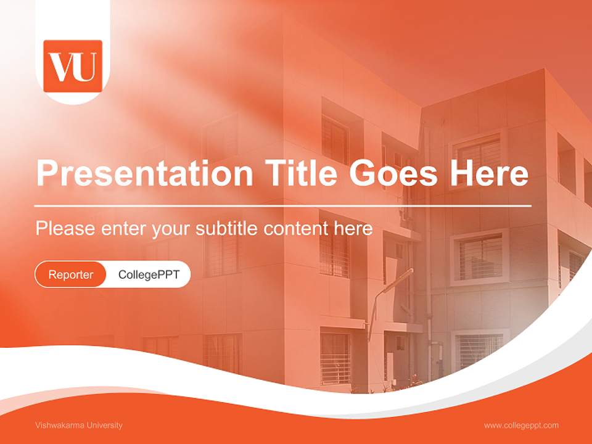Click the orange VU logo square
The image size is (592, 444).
click(73, 66)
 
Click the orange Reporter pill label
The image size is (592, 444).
click(71, 274)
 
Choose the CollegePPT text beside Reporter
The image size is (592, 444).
click(149, 274)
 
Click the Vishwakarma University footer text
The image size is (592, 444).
click(79, 425)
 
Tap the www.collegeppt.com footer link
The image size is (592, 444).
click(521, 425)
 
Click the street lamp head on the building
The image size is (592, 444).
click(404, 274)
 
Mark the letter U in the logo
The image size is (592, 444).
click(86, 68)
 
